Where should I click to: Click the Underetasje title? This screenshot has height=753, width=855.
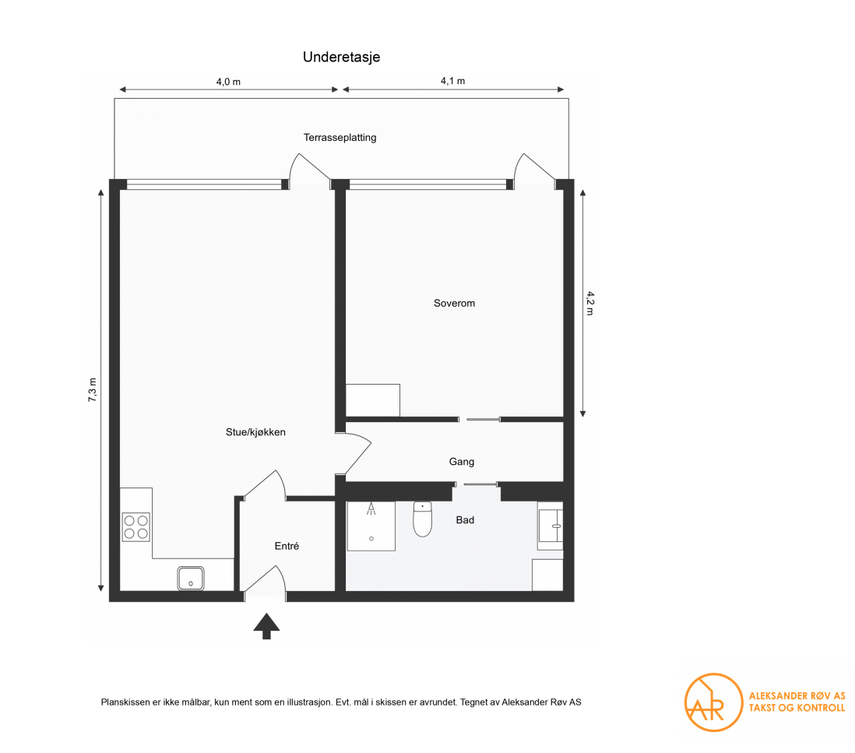click(341, 57)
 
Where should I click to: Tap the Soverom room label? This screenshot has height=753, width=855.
click(454, 303)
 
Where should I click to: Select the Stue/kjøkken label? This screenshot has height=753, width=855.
click(251, 431)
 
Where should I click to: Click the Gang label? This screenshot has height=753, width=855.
click(461, 462)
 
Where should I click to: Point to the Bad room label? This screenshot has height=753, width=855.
click(465, 519)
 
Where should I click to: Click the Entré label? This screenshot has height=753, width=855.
click(287, 547)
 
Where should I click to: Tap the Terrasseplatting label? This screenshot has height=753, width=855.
click(340, 138)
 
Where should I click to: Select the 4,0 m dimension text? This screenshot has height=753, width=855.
click(227, 81)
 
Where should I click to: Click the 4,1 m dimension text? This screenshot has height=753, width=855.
click(452, 81)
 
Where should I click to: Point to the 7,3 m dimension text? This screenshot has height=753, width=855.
click(92, 389)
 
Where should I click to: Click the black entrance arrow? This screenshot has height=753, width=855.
click(266, 625)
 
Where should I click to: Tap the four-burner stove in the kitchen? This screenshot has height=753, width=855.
click(135, 526)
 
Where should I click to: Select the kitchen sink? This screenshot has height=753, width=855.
click(191, 578)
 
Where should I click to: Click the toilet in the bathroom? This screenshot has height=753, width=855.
click(422, 519)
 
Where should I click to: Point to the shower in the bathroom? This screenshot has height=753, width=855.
click(371, 526)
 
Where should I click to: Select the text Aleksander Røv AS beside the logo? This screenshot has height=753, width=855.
click(796, 696)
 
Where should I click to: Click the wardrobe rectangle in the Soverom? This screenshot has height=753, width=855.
click(372, 399)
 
